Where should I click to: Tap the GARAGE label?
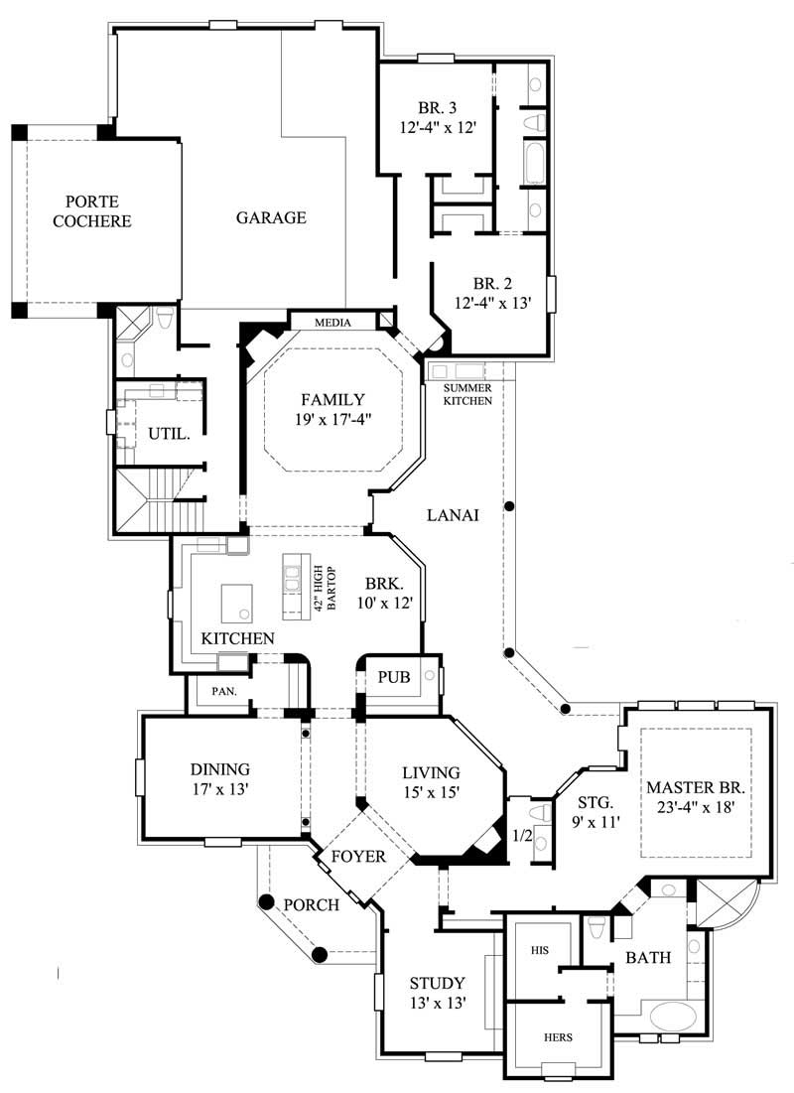271,217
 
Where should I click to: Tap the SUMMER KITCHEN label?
467,394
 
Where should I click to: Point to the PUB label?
388,676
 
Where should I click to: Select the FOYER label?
357,856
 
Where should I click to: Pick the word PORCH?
312,904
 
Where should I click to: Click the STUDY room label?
438,983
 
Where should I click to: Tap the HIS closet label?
540,950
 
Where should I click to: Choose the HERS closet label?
557,1036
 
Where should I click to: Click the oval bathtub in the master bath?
675,1018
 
